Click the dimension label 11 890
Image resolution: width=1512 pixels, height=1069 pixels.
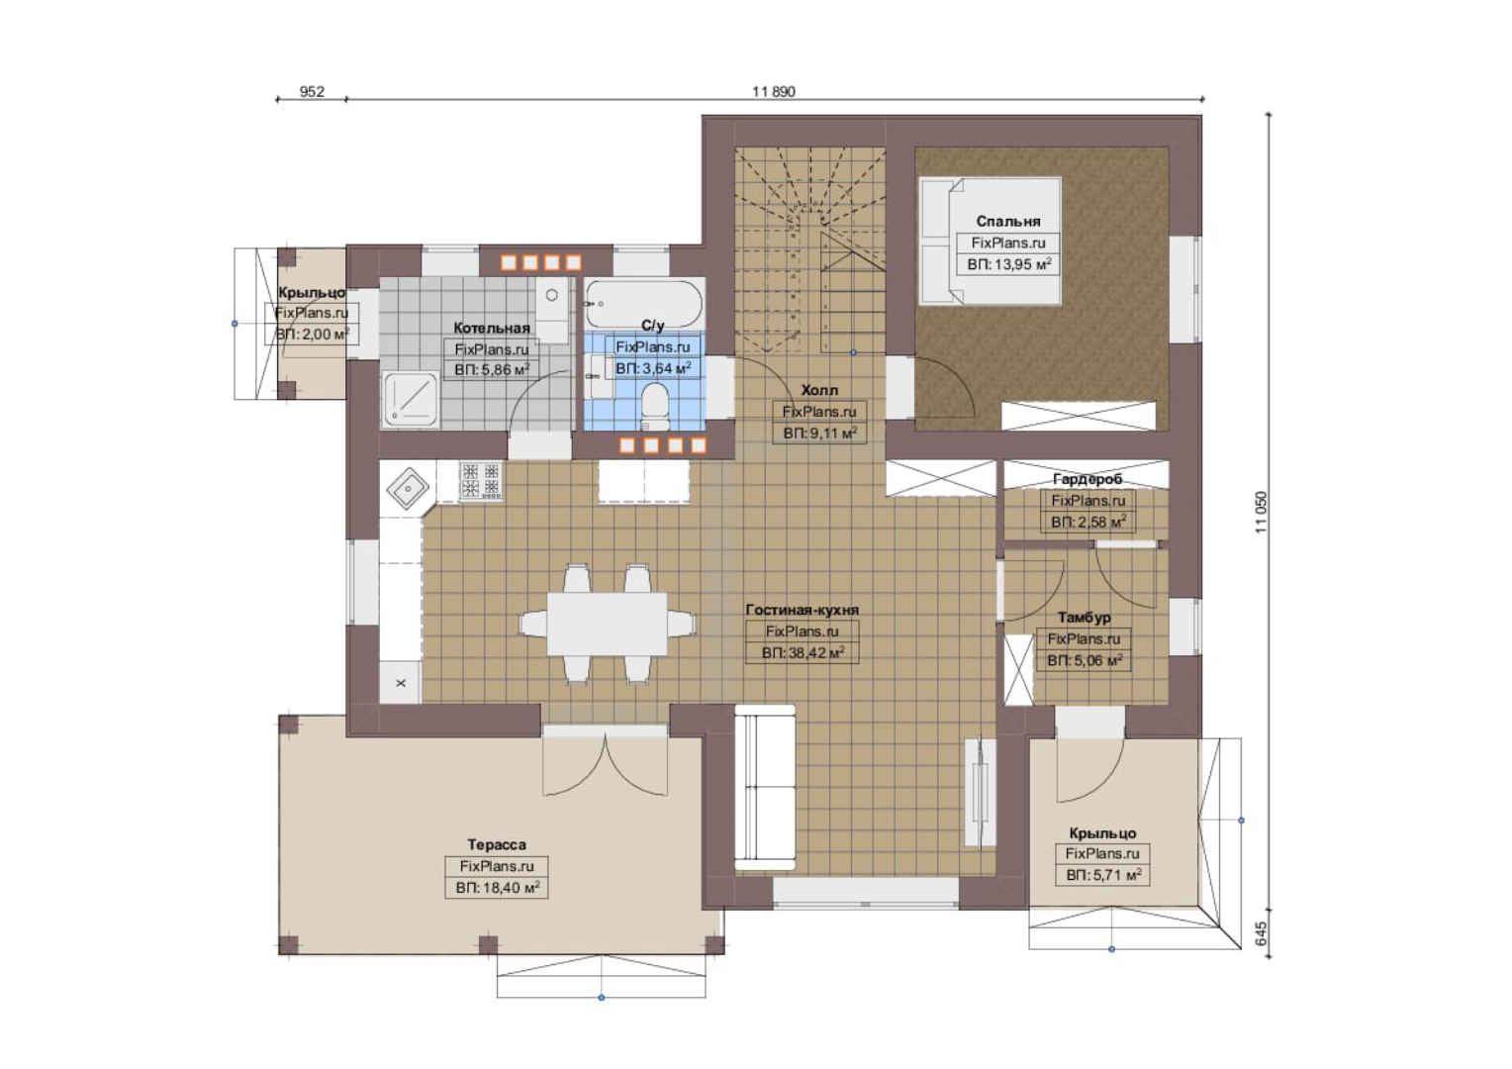tap(774, 91)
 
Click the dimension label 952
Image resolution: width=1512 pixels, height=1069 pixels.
tap(312, 91)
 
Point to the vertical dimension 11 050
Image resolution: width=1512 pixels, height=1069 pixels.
tap(1261, 512)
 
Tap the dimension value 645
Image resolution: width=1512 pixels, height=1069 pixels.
tap(1261, 933)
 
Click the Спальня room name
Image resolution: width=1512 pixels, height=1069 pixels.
tap(1007, 222)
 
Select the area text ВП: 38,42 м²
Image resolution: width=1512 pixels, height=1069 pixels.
tap(803, 653)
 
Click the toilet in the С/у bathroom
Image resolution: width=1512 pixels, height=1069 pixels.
tap(653, 406)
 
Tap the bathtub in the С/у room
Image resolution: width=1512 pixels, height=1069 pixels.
tap(643, 304)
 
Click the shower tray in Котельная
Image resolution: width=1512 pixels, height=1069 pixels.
tap(411, 400)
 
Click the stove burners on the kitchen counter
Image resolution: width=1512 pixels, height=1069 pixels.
tap(481, 480)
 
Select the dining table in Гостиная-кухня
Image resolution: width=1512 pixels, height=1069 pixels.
tap(607, 624)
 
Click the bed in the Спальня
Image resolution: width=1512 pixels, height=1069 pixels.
tap(991, 241)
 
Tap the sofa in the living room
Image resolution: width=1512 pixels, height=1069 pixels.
tap(765, 788)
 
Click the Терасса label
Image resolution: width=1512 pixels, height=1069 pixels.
tap(496, 844)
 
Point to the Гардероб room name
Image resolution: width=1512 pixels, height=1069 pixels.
tap(1087, 479)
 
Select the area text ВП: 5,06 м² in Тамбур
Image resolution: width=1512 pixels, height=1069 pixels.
tap(1085, 660)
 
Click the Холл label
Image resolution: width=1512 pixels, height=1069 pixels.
tap(819, 390)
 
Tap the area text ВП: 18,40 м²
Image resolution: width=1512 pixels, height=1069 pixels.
tap(497, 887)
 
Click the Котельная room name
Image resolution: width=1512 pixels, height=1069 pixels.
tap(492, 329)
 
